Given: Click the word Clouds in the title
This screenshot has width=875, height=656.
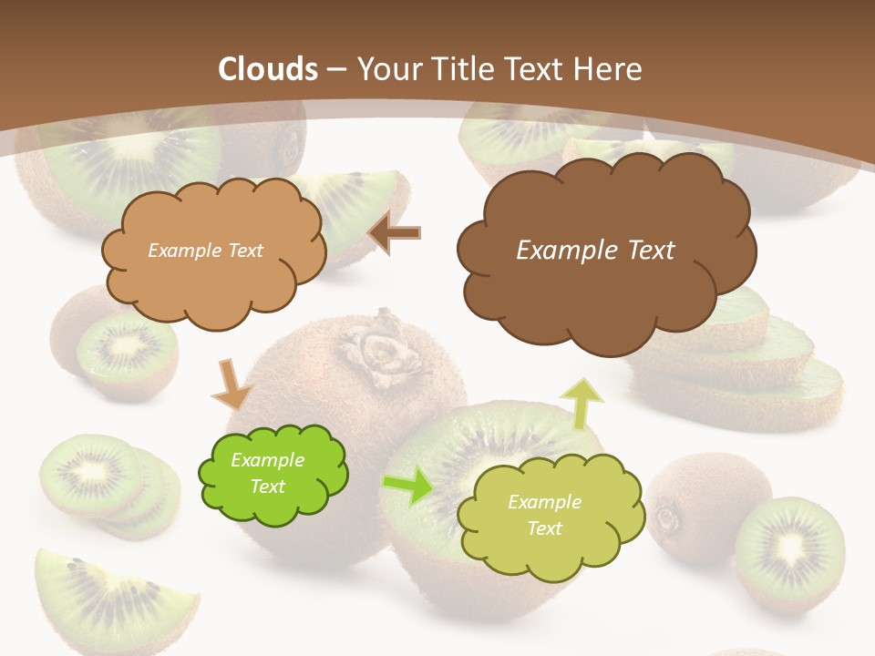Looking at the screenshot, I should point(268,69).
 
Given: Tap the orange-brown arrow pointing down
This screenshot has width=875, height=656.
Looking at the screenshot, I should point(232,384).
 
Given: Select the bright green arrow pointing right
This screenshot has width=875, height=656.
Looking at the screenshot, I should point(407,486).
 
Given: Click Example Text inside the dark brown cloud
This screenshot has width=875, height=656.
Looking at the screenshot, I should point(595,251).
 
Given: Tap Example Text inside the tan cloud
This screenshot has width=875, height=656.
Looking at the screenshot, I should point(205,251).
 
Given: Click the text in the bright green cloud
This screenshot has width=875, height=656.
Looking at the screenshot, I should point(268,474).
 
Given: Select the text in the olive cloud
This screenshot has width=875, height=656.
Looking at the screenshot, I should point(544,515).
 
